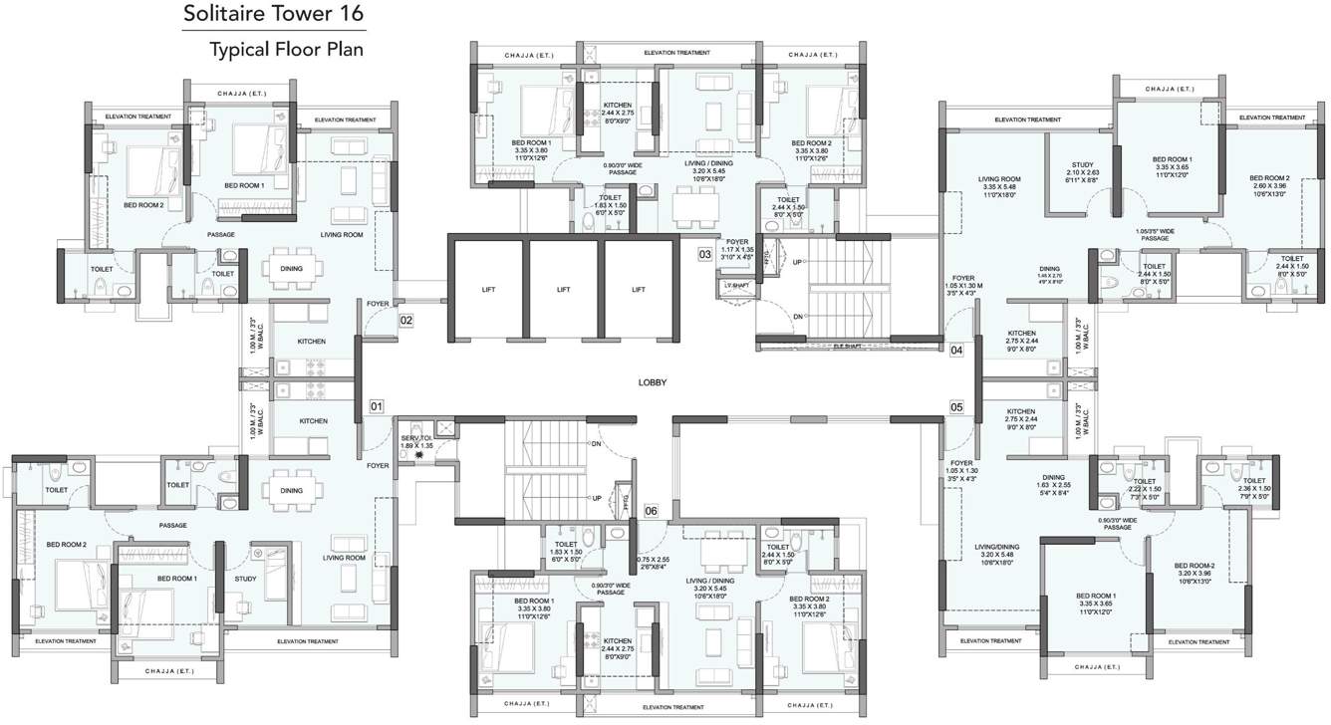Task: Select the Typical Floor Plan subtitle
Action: tap(287, 48)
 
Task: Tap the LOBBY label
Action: tap(654, 382)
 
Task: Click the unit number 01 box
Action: tap(377, 406)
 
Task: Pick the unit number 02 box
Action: tap(406, 321)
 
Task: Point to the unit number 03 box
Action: tap(705, 255)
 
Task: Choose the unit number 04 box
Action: tap(956, 351)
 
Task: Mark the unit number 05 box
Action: tap(956, 406)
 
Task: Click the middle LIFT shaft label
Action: tap(563, 289)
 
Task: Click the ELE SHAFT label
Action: tap(848, 346)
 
